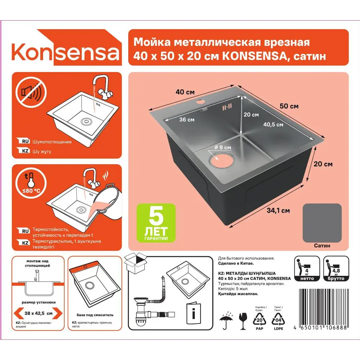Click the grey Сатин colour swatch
(x=322, y=222)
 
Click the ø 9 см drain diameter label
(x=222, y=147)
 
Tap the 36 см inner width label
(x=187, y=120)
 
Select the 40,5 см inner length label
(x=273, y=125)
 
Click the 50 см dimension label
(x=289, y=106)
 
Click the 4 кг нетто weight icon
(x=307, y=269)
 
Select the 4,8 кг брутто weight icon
(x=336, y=269)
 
